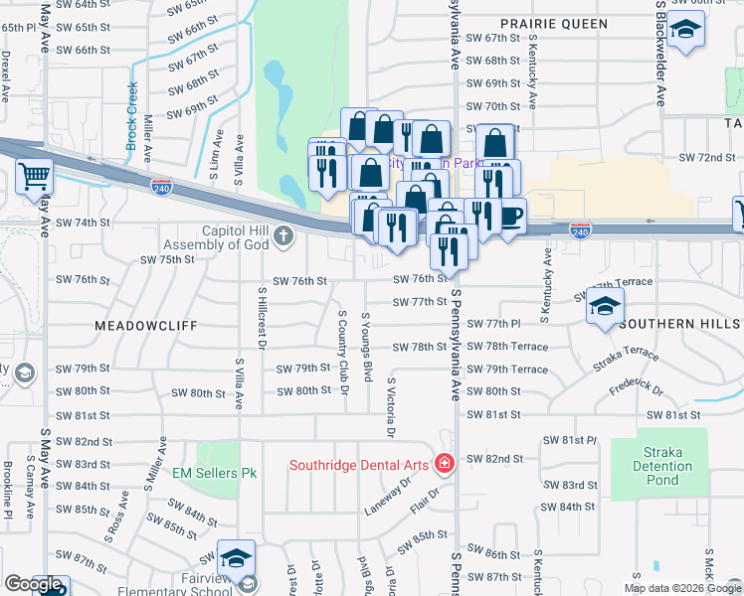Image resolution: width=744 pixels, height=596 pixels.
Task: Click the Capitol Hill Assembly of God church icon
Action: point(283,235)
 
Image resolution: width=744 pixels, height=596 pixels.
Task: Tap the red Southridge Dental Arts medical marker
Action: point(443,464)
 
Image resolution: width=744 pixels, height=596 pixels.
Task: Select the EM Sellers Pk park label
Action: point(215,473)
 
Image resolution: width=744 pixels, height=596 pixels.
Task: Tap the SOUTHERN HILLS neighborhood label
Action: point(679,324)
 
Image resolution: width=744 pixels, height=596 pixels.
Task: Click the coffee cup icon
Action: point(511,216)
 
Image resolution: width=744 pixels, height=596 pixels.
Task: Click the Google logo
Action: point(33,584)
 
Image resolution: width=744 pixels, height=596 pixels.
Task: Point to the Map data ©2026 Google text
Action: point(681,588)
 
